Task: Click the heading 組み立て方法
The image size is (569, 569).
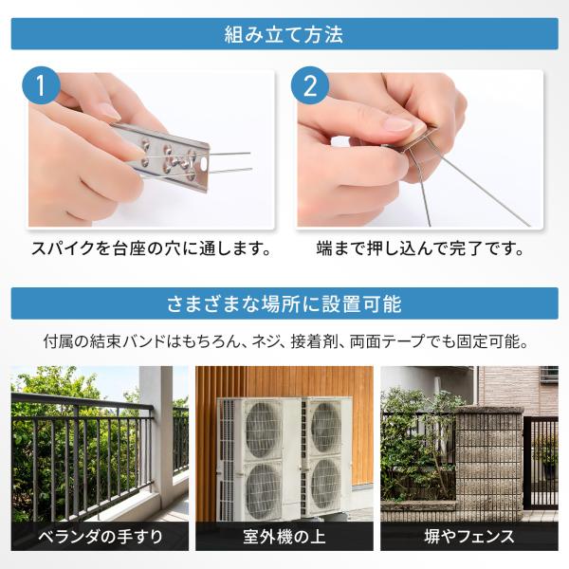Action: pyautogui.click(x=284, y=34)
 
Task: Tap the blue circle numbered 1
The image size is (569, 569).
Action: pyautogui.click(x=41, y=85)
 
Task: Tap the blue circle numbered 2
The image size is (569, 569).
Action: pyautogui.click(x=310, y=86)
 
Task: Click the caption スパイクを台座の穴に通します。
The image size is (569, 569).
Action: pyautogui.click(x=152, y=248)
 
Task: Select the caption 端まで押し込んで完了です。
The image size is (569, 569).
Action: pyautogui.click(x=420, y=248)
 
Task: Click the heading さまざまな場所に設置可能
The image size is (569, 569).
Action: pyautogui.click(x=284, y=304)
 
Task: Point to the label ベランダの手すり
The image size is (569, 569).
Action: pyautogui.click(x=101, y=537)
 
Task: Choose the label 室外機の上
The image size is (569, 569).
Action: pyautogui.click(x=284, y=537)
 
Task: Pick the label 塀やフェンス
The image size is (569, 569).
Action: pyautogui.click(x=469, y=537)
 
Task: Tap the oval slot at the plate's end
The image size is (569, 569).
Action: pyautogui.click(x=202, y=164)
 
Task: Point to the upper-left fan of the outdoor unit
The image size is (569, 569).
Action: pyautogui.click(x=263, y=430)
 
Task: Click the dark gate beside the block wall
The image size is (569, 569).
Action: pyautogui.click(x=541, y=463)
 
